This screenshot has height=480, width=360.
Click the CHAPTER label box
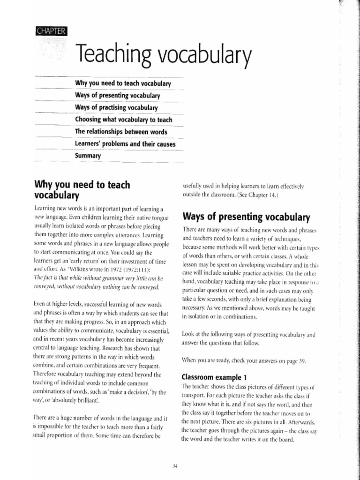point(52,32)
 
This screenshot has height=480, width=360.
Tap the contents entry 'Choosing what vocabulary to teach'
point(124,120)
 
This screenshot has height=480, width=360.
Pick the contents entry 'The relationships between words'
point(121,131)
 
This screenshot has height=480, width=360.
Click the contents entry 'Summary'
point(88,155)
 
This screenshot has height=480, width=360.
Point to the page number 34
point(175,465)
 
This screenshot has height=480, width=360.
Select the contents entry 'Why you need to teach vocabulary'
point(122,83)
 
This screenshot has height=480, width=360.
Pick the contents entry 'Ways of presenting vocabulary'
point(118,95)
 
